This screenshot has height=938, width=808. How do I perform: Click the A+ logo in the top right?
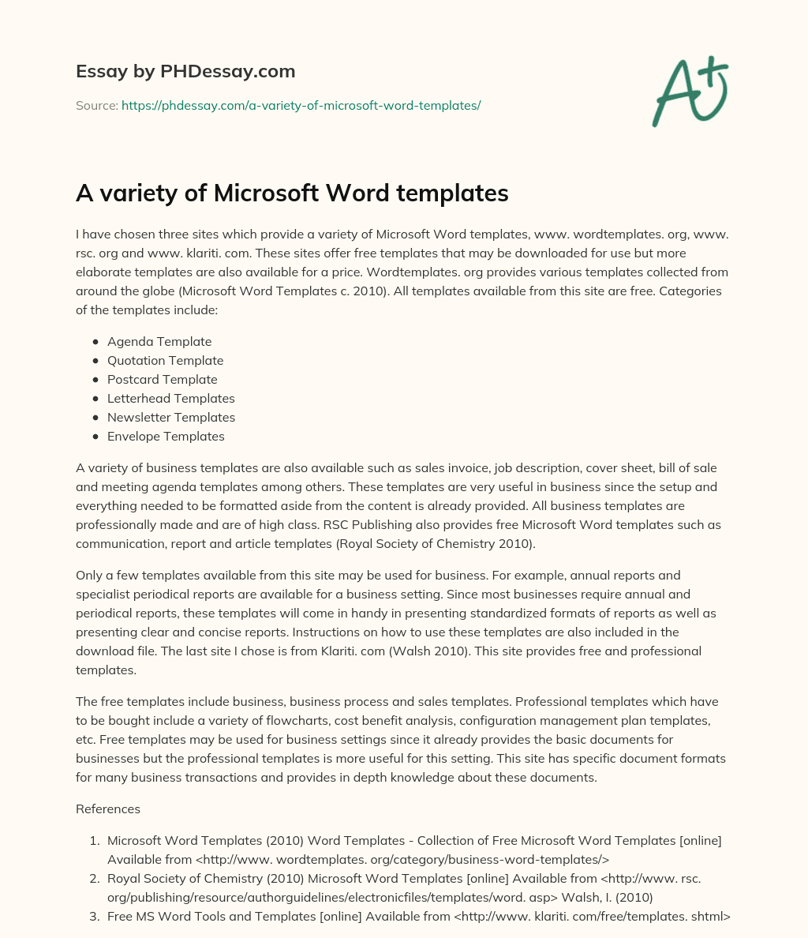(x=689, y=92)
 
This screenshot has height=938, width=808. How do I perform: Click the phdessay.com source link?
(x=301, y=105)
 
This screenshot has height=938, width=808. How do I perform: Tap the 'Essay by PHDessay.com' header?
(x=185, y=72)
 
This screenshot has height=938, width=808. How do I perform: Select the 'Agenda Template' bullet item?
(x=159, y=342)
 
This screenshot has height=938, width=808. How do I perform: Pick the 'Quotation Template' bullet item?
(x=165, y=361)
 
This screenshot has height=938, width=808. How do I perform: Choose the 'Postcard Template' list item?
(x=162, y=380)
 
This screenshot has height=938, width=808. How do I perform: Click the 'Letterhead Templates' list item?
(x=170, y=399)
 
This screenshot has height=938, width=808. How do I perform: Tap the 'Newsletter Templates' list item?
(x=171, y=418)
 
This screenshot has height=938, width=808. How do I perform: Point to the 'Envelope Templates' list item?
(x=166, y=437)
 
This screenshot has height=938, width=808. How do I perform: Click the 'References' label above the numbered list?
(x=108, y=809)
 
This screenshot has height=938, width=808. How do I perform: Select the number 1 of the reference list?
(x=95, y=841)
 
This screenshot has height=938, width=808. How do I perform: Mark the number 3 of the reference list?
(x=95, y=917)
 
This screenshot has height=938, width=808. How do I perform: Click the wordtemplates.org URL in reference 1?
(x=403, y=860)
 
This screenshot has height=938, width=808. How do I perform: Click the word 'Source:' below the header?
(x=97, y=105)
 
